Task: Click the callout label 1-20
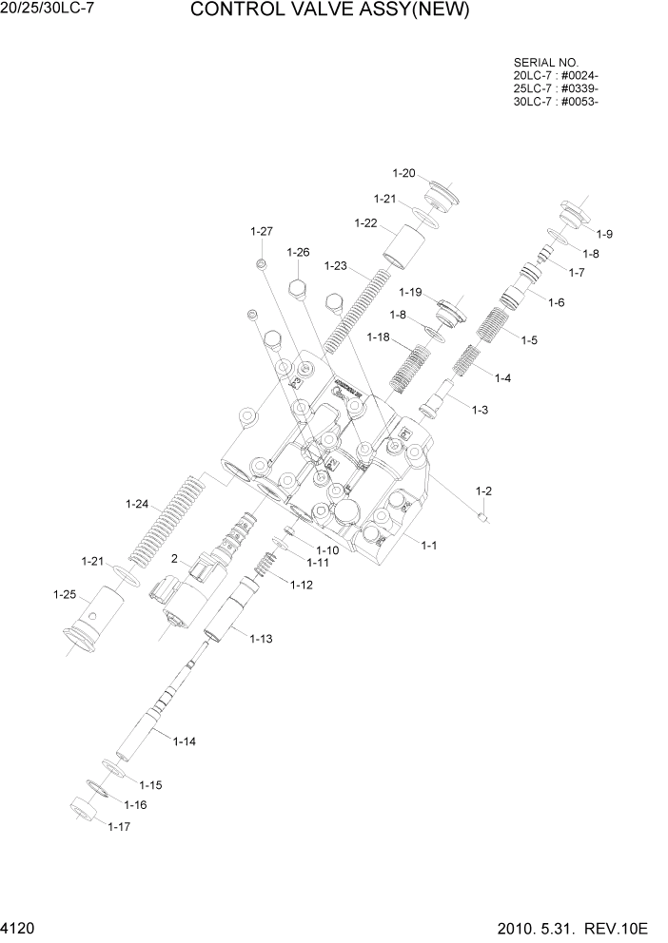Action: (404, 173)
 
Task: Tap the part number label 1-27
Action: (262, 231)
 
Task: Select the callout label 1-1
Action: (428, 545)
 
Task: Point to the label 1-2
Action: (483, 491)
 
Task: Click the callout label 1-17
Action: (119, 826)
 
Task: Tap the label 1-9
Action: (604, 234)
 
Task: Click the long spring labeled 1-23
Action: (359, 310)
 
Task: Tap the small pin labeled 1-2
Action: (484, 517)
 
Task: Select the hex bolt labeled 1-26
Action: (297, 292)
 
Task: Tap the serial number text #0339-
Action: (581, 88)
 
